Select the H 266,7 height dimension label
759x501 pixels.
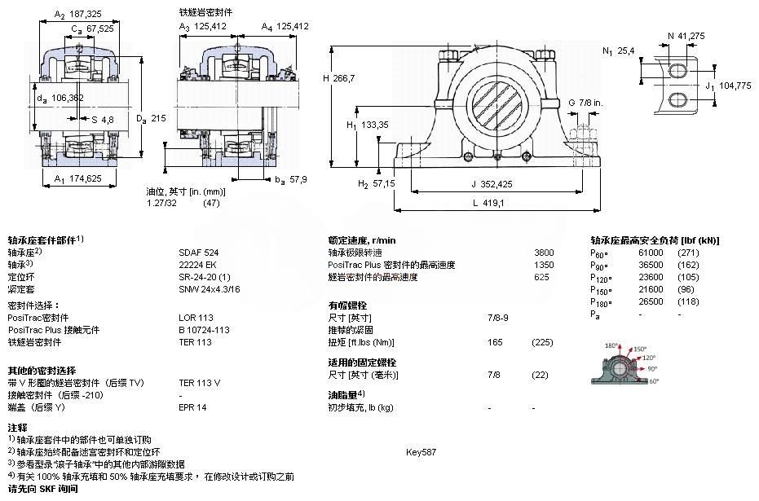coord(341,77)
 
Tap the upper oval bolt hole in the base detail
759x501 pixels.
coord(678,70)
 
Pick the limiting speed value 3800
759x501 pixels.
coord(543,253)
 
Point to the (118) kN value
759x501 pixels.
coord(690,301)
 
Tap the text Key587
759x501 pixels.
coord(421,450)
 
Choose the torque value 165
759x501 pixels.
coord(494,342)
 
